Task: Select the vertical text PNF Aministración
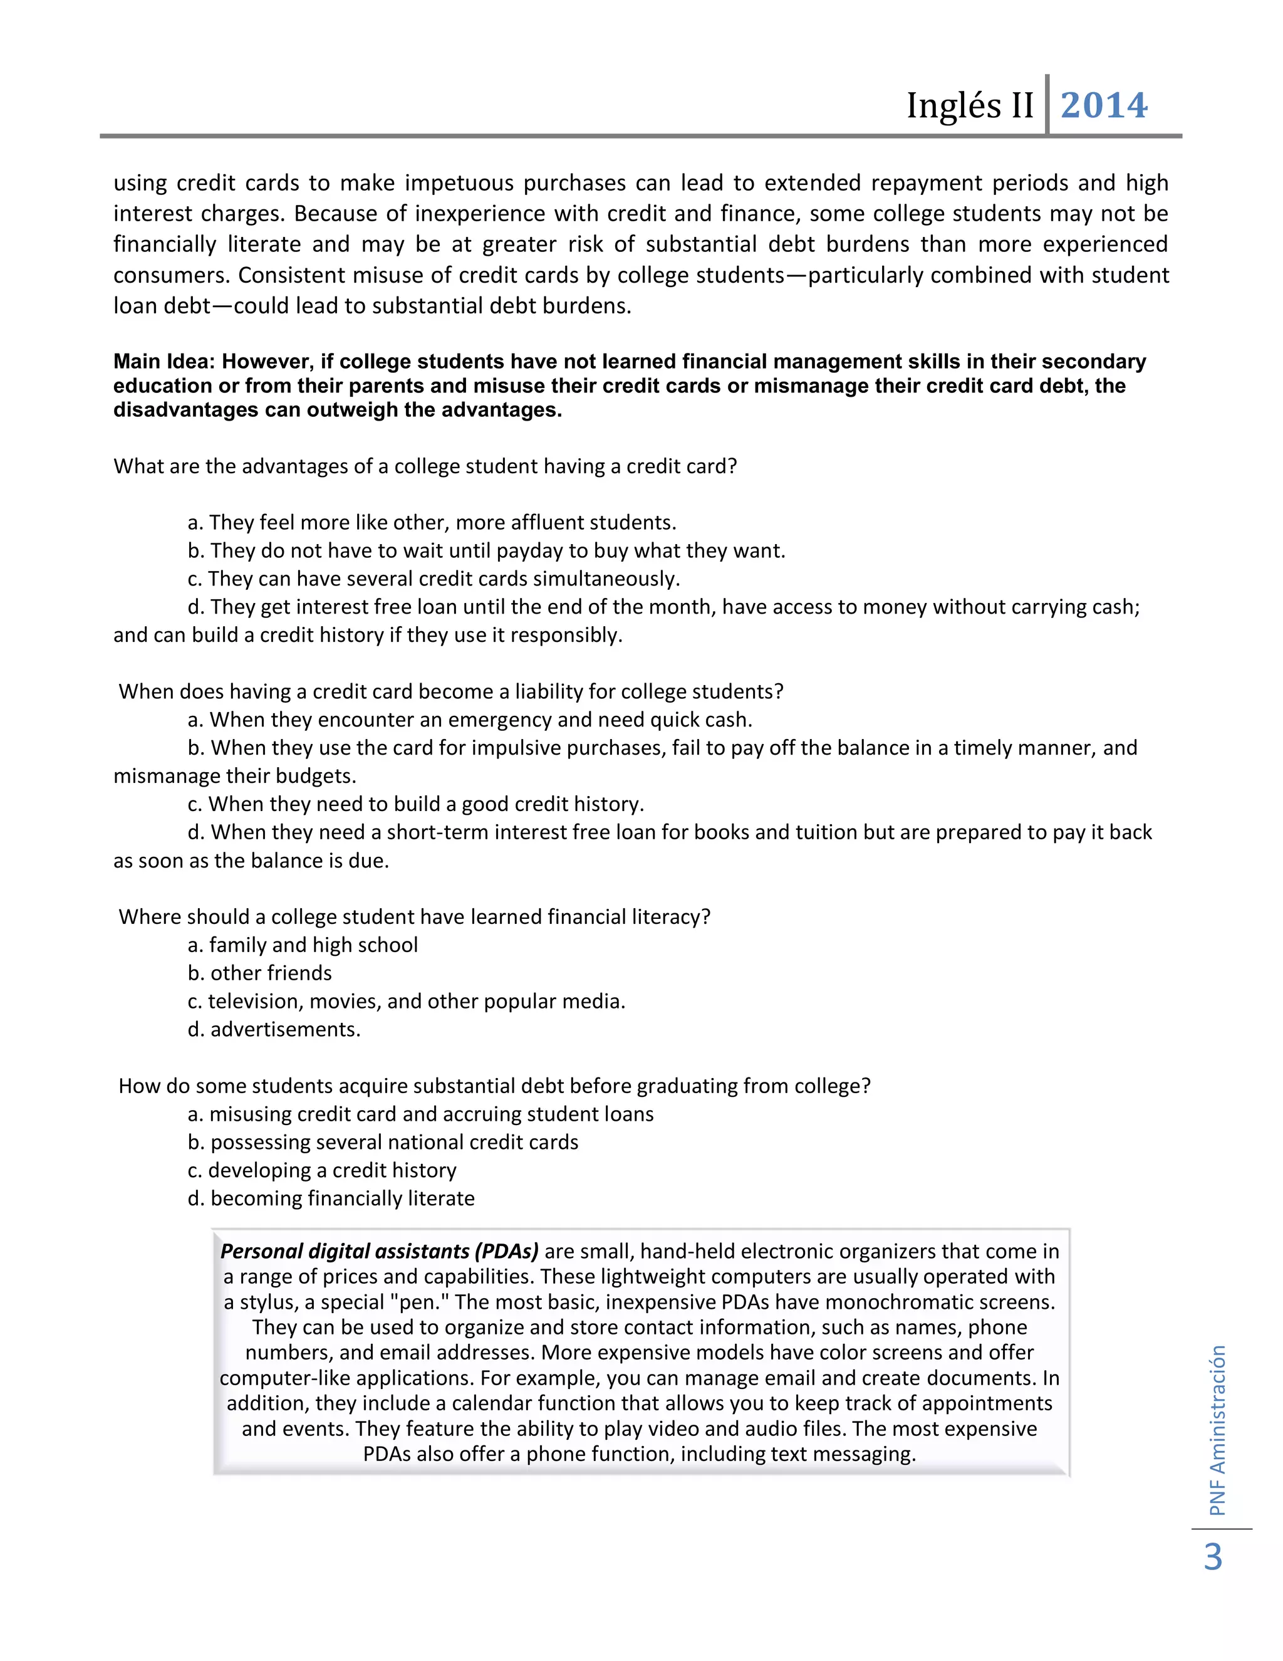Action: click(x=1218, y=1430)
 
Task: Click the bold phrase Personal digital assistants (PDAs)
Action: click(x=379, y=1251)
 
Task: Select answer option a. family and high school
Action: click(x=303, y=945)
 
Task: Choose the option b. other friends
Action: click(x=259, y=973)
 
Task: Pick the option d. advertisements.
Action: click(x=274, y=1029)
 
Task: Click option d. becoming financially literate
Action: click(x=331, y=1198)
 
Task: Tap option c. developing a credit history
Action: click(x=321, y=1170)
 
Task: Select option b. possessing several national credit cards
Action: click(x=382, y=1141)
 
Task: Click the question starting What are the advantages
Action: click(x=425, y=466)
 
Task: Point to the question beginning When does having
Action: click(x=450, y=691)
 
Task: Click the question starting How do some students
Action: click(x=494, y=1085)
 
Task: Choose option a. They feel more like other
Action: click(x=431, y=523)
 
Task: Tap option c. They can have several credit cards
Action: click(x=434, y=579)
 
